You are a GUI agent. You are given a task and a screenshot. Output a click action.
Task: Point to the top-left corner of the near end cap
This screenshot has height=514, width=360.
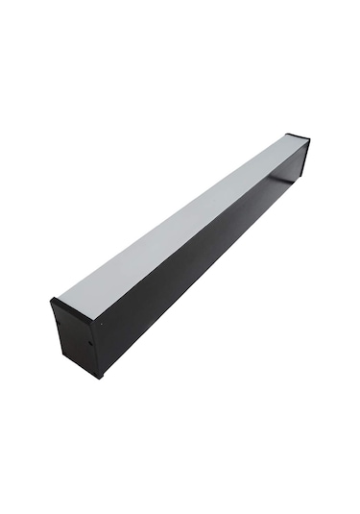pos(51,300)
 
